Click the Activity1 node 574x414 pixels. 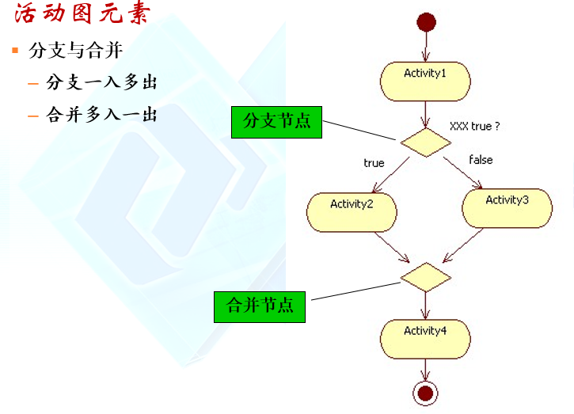coord(425,82)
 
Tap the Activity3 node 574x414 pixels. coord(507,208)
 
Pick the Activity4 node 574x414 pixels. coord(425,338)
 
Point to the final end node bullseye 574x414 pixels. coord(426,392)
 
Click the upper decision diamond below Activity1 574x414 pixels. coord(425,142)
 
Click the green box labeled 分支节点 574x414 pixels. coord(276,122)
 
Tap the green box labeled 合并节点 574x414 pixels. coord(260,306)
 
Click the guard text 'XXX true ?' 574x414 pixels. coord(474,126)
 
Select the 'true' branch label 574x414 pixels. coord(374,163)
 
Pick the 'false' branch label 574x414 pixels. coord(481,160)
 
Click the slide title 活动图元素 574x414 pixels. coord(81,15)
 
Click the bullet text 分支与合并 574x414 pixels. coord(75,51)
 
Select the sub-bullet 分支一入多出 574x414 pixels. coord(102,82)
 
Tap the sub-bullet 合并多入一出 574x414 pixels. coord(102,115)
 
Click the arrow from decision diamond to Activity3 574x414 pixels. coord(463,173)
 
